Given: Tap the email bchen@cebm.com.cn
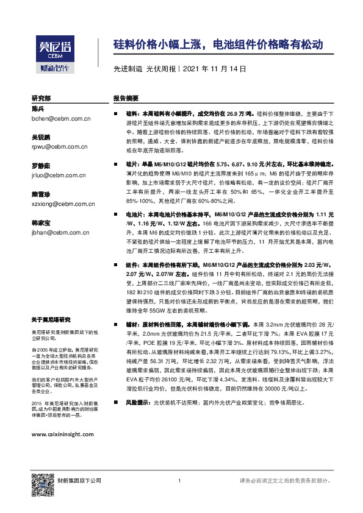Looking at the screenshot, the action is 60,119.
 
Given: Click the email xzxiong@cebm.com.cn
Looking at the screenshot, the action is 63,204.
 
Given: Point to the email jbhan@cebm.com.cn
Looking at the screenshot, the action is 61,232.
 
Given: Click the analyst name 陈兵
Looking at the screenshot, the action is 38,108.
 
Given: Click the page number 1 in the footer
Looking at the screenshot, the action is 179,482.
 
